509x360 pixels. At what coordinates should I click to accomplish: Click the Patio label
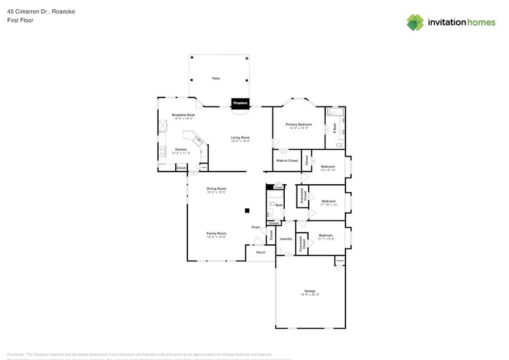(216, 78)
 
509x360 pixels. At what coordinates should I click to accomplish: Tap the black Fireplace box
(240, 103)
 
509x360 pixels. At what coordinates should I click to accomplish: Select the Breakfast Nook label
(183, 115)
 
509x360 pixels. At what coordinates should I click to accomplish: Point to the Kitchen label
(181, 149)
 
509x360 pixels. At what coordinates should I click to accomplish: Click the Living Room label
(240, 137)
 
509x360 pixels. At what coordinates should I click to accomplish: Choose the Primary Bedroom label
(300, 124)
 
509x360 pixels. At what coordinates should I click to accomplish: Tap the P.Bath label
(335, 130)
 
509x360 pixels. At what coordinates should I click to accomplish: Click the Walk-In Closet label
(287, 160)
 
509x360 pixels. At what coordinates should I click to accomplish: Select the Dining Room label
(216, 189)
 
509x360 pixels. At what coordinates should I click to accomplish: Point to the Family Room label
(216, 233)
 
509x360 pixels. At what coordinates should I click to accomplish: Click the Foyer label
(256, 227)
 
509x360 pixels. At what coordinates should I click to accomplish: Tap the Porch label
(260, 252)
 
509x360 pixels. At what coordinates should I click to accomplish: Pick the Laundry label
(285, 238)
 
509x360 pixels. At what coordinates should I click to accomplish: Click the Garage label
(310, 291)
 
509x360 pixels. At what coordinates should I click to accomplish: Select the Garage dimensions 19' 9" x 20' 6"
(310, 295)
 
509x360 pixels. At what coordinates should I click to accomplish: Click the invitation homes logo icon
(415, 22)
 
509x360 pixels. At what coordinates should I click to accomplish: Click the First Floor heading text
(20, 20)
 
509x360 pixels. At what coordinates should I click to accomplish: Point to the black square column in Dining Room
(247, 211)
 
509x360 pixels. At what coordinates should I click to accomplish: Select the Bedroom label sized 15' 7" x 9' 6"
(325, 235)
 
